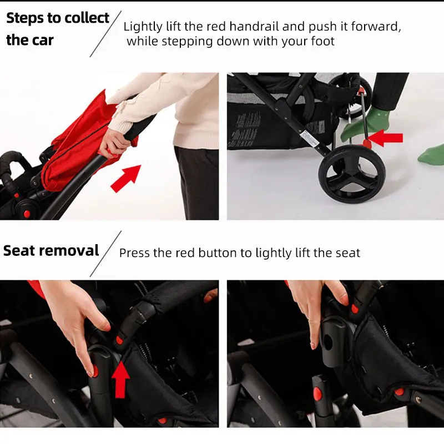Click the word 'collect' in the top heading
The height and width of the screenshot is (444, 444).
click(x=87, y=18)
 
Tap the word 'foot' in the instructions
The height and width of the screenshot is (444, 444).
click(x=323, y=41)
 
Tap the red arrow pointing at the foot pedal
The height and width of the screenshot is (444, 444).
click(x=386, y=138)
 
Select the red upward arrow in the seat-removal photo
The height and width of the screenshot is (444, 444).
click(x=120, y=379)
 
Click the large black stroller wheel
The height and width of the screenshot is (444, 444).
click(x=351, y=174)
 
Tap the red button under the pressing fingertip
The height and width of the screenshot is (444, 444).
click(x=95, y=371)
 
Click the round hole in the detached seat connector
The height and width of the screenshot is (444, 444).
click(x=328, y=342)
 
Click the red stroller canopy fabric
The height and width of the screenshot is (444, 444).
click(x=79, y=142)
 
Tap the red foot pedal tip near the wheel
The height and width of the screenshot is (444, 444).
click(x=367, y=144)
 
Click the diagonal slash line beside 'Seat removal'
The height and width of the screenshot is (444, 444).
click(x=105, y=254)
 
